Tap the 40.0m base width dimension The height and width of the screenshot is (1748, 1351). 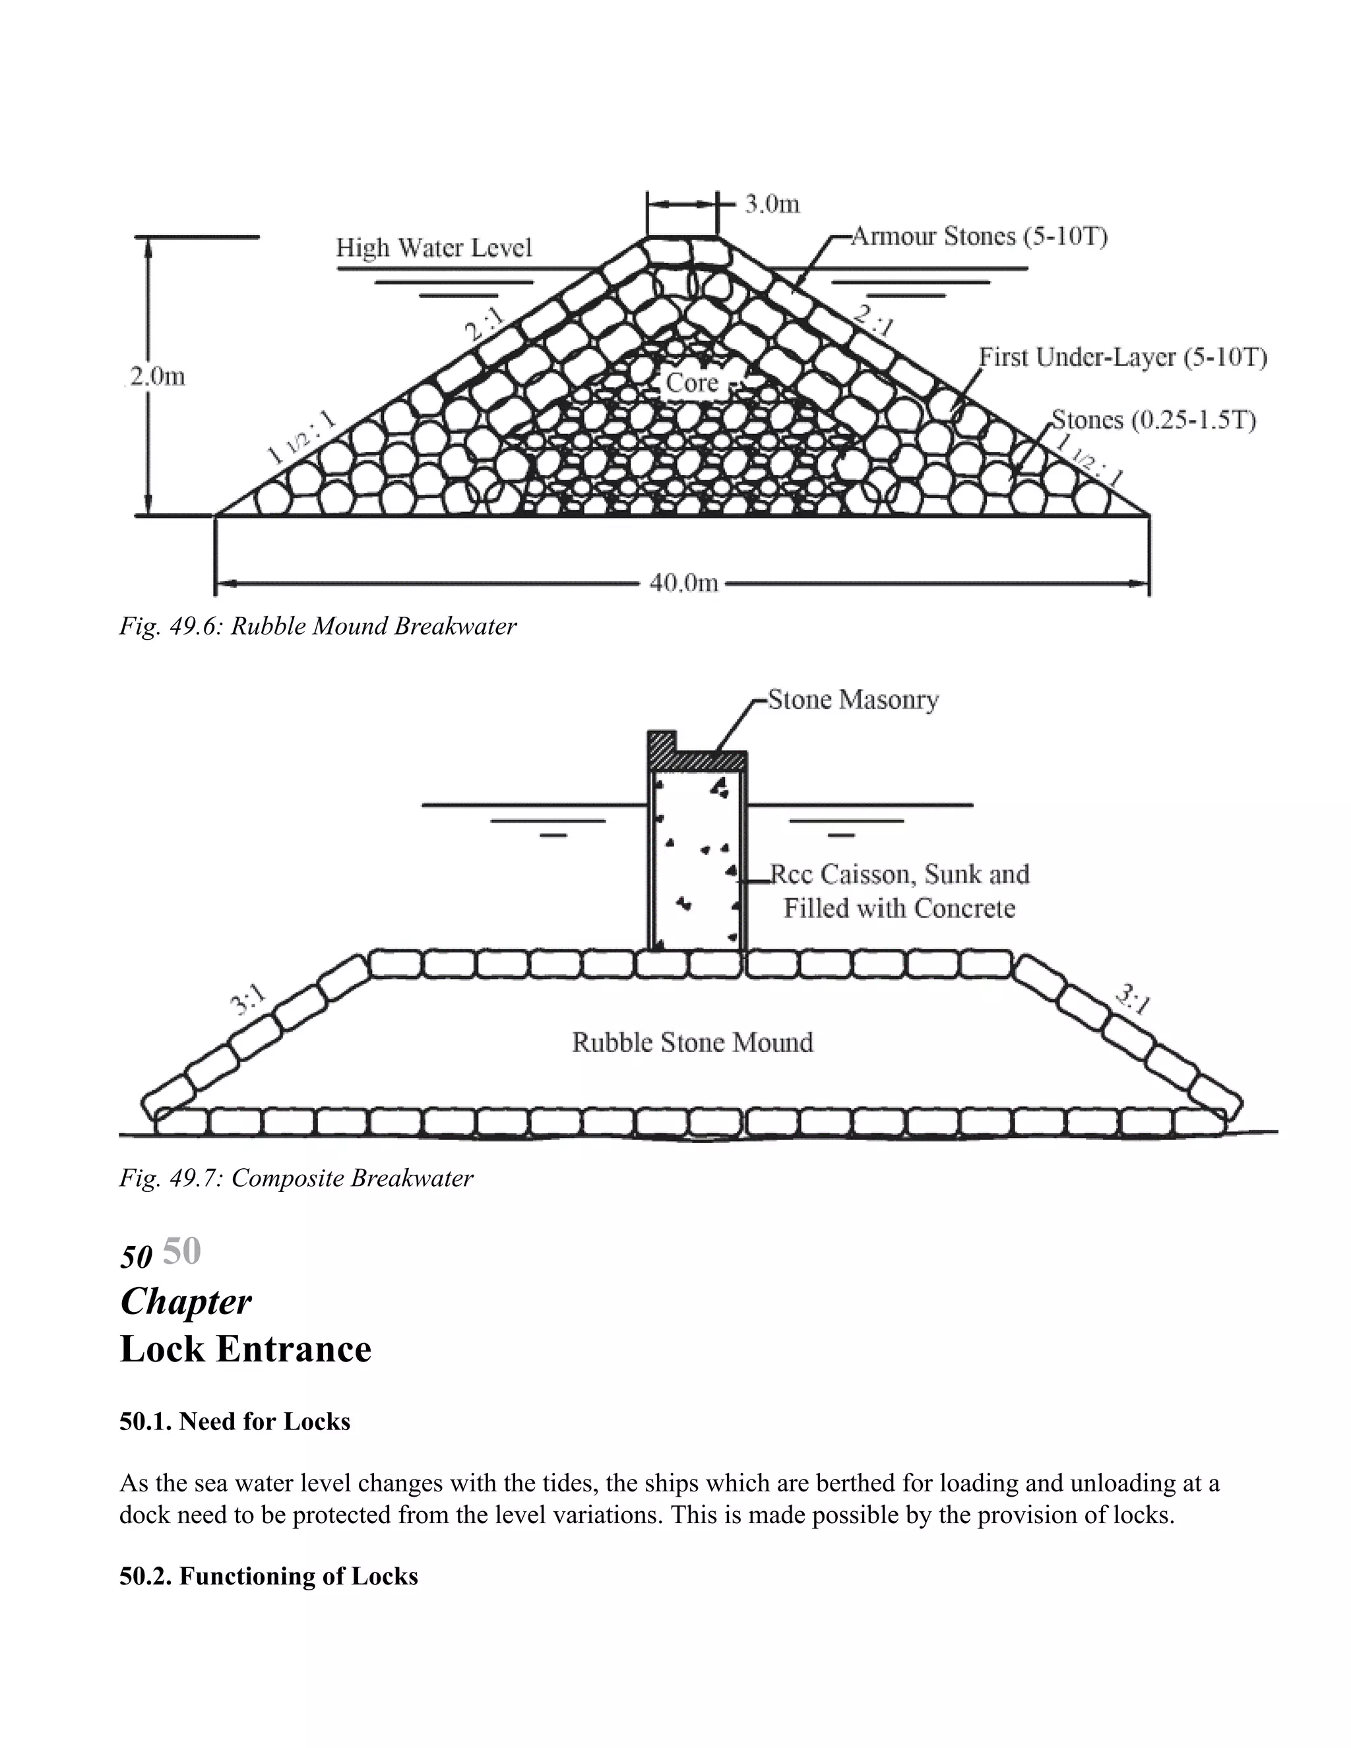[683, 584]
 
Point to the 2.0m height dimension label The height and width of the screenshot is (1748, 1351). [157, 376]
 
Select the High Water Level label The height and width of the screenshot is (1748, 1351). [434, 247]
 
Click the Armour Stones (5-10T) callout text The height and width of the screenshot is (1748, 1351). [978, 236]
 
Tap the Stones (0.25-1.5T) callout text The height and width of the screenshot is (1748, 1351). [1153, 420]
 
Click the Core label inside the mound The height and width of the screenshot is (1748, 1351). [691, 383]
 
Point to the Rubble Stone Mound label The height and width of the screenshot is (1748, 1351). [692, 1042]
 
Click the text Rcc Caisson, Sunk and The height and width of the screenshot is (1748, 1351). [899, 874]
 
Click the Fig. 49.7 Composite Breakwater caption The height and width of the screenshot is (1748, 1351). [296, 1178]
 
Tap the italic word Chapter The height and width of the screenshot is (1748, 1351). [185, 1301]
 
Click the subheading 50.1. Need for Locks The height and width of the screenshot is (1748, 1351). [234, 1421]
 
